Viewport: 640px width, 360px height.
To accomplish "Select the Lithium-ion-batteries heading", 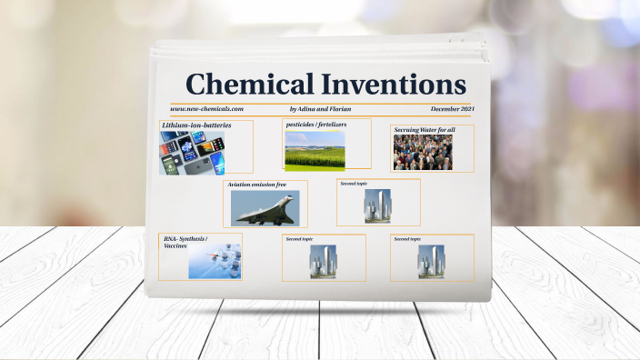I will (x=196, y=125).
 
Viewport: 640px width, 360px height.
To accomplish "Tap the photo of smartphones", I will (x=192, y=152).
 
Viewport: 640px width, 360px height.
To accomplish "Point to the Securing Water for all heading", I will (x=425, y=130).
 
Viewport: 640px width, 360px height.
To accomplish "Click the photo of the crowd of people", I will (x=423, y=152).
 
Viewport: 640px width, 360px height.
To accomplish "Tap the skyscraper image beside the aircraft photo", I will (x=377, y=206).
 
